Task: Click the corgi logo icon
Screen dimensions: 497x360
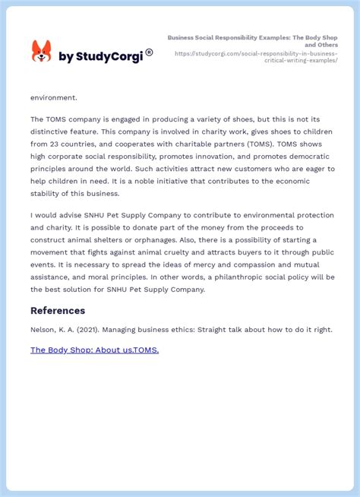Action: [41, 52]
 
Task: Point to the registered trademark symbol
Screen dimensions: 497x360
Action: [149, 52]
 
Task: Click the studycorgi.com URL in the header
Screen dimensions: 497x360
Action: [256, 57]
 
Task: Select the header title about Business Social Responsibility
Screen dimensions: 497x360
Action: [254, 40]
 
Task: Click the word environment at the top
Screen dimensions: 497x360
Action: [54, 97]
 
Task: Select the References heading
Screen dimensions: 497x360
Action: [58, 310]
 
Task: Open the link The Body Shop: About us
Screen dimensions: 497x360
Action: [77, 350]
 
